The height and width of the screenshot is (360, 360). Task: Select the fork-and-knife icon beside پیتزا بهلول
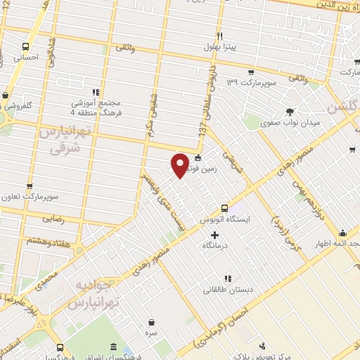(x=219, y=36)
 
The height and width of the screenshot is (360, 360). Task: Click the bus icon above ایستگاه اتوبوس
(x=224, y=208)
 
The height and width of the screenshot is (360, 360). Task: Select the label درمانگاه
(x=217, y=247)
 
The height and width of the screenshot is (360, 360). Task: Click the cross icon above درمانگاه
(x=214, y=234)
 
